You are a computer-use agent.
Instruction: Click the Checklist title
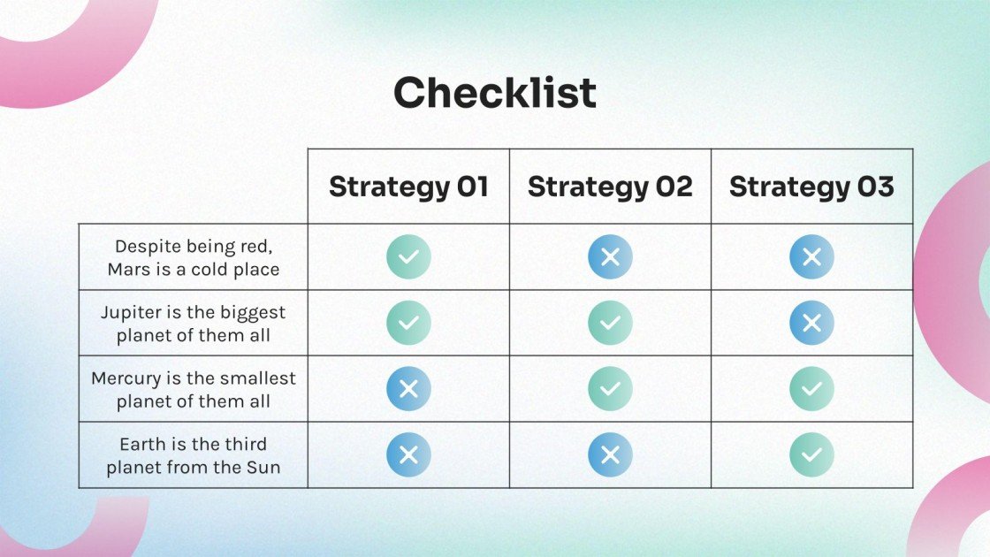tap(495, 92)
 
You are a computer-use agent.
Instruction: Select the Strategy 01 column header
tap(408, 187)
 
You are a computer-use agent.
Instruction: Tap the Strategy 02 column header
tap(610, 187)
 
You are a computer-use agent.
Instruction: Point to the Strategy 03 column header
tap(811, 187)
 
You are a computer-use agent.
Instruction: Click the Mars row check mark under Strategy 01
tap(408, 257)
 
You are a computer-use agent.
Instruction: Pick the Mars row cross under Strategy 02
tap(610, 257)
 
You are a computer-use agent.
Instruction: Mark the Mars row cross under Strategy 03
tap(811, 257)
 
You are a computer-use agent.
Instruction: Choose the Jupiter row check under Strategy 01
tap(408, 323)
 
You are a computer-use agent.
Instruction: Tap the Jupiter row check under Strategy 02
tap(610, 323)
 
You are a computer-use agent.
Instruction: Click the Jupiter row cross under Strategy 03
tap(811, 323)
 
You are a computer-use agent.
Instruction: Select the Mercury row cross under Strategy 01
tap(408, 388)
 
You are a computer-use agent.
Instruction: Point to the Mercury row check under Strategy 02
tap(610, 388)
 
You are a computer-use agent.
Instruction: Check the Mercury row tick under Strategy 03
tap(811, 388)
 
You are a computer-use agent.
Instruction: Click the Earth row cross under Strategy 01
tap(408, 454)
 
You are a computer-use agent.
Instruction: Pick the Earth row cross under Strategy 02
tap(610, 454)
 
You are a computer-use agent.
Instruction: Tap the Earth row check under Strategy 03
tap(811, 454)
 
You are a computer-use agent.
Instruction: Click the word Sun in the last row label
tap(263, 468)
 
